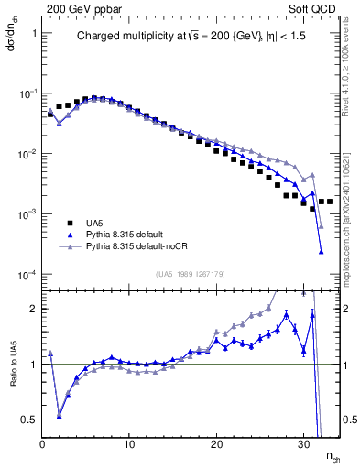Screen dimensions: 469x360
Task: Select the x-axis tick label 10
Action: point(129,444)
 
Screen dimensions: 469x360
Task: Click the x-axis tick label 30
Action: point(303,444)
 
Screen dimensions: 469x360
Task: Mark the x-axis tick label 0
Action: point(42,444)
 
